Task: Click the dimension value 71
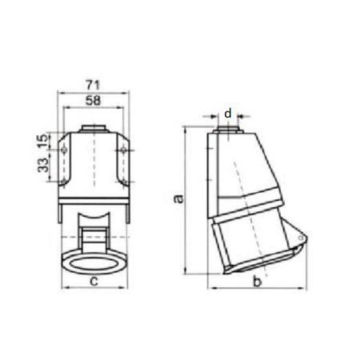(x=92, y=82)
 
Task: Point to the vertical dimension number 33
(x=42, y=166)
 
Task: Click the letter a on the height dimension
(x=179, y=198)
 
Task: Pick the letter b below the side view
(x=256, y=281)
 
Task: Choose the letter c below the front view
(x=94, y=280)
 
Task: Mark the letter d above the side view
(x=229, y=114)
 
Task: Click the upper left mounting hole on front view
(x=64, y=150)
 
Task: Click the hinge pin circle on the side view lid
(x=298, y=239)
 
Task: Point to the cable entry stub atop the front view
(x=93, y=127)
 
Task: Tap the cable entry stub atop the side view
(x=229, y=127)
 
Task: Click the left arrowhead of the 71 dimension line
(x=58, y=91)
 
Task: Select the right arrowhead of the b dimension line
(x=305, y=287)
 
